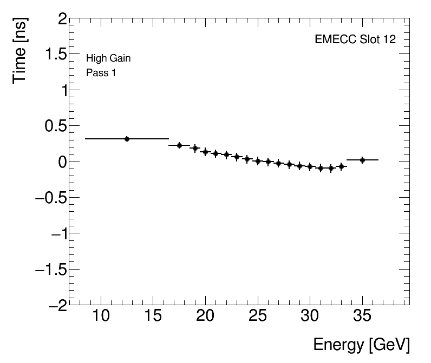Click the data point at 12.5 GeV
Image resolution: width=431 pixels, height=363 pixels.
tap(127, 139)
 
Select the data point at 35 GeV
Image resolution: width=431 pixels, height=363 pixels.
tap(362, 160)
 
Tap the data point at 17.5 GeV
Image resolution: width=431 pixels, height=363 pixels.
tap(179, 145)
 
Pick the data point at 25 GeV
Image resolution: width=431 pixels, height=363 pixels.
tap(258, 161)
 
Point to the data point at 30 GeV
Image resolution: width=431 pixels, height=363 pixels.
tap(310, 166)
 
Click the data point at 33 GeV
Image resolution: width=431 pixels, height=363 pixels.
tap(341, 167)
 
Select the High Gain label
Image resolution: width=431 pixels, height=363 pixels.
tap(108, 58)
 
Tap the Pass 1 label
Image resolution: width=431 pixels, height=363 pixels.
tap(101, 72)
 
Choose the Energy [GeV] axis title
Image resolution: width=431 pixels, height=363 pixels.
tap(361, 345)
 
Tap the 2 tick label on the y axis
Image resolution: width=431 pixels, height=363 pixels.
tap(62, 20)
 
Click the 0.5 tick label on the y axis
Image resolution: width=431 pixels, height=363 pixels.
tap(53, 126)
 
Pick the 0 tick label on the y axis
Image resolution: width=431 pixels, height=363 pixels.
tap(62, 162)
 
